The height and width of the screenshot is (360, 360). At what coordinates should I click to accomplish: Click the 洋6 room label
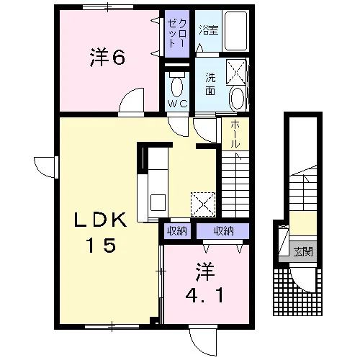(107, 58)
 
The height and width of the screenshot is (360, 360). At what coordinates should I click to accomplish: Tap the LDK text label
(100, 220)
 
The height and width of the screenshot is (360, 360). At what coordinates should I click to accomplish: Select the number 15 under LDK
(102, 245)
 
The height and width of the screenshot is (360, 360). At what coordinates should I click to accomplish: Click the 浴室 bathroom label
(209, 30)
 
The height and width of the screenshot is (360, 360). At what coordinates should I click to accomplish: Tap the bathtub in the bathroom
(235, 30)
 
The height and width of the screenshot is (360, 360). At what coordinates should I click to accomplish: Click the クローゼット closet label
(177, 33)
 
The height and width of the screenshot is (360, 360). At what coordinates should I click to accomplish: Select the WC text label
(177, 104)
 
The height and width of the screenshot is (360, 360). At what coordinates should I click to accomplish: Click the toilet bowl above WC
(177, 86)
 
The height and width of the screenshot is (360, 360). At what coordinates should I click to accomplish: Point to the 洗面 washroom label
(210, 84)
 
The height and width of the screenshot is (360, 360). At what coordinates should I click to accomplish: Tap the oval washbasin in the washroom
(238, 98)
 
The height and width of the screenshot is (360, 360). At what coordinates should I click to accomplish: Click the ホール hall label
(235, 134)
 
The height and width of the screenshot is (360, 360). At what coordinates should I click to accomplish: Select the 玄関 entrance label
(303, 252)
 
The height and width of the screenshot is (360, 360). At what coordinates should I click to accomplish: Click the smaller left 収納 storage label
(177, 231)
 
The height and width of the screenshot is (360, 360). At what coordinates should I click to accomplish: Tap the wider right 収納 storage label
(224, 231)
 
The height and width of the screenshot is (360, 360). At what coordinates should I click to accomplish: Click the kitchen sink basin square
(158, 202)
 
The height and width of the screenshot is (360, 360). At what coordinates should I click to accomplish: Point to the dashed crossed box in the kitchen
(203, 204)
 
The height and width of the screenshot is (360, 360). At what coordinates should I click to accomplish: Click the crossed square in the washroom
(236, 72)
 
